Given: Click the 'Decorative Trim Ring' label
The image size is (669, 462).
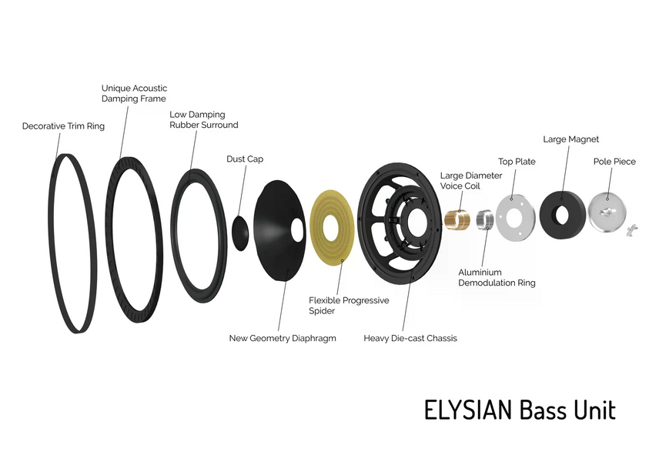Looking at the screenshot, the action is pyautogui.click(x=63, y=126).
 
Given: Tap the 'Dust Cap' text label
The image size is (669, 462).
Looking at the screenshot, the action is pyautogui.click(x=245, y=159).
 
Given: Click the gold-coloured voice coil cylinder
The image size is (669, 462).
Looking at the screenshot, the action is pyautogui.click(x=457, y=219).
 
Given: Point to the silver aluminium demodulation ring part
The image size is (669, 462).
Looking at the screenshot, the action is pyautogui.click(x=485, y=219).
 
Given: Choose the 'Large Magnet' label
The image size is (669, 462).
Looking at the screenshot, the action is pyautogui.click(x=571, y=139).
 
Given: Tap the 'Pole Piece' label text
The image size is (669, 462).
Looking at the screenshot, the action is pyautogui.click(x=614, y=162).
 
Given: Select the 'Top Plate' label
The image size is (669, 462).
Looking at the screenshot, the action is pyautogui.click(x=517, y=162).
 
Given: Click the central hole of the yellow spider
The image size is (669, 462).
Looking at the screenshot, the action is pyautogui.click(x=330, y=227).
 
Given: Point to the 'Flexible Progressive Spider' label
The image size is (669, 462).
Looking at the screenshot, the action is pyautogui.click(x=349, y=306).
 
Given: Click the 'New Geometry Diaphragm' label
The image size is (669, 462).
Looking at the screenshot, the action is pyautogui.click(x=283, y=338).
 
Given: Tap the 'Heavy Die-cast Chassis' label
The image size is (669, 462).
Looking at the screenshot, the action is pyautogui.click(x=410, y=338).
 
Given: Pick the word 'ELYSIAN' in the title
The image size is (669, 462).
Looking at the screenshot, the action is pyautogui.click(x=468, y=410).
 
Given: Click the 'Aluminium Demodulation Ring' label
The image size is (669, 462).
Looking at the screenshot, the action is pyautogui.click(x=497, y=278).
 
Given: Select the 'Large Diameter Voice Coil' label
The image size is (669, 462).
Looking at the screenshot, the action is pyautogui.click(x=471, y=181).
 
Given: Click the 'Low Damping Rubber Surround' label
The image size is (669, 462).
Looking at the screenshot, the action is pyautogui.click(x=203, y=120).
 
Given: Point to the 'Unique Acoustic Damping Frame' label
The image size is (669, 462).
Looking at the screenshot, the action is pyautogui.click(x=134, y=93).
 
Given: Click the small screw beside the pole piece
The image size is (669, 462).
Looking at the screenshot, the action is pyautogui.click(x=631, y=230).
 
